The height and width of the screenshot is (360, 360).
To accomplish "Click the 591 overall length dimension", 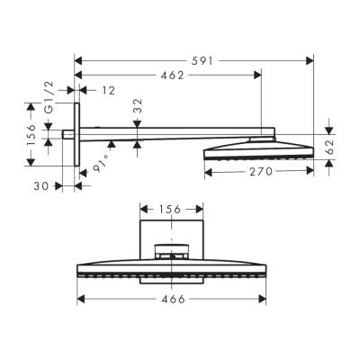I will [x=196, y=61].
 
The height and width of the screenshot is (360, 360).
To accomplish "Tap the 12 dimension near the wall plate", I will [x=108, y=89].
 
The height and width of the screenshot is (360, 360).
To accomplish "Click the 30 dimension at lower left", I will [x=40, y=186].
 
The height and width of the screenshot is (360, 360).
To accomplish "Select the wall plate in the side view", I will [x=76, y=133].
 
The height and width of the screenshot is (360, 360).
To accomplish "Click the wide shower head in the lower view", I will [x=172, y=269].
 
